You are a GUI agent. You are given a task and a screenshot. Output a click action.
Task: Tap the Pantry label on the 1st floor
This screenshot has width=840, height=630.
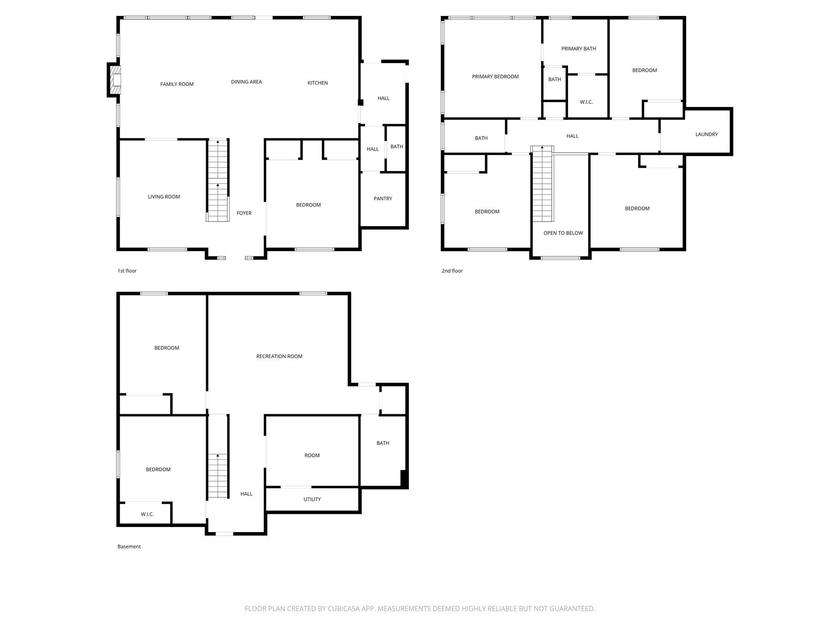coord(383,199)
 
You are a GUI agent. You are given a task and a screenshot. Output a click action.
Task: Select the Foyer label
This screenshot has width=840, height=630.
coord(244,213)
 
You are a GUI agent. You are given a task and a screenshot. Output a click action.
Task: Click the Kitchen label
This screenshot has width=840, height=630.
coord(317,83)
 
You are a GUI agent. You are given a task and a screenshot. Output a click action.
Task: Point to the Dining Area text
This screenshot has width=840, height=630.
coord(246,82)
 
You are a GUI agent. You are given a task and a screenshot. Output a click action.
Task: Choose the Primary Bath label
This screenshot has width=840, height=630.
coord(578,48)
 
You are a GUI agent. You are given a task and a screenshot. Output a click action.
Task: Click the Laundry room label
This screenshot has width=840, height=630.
coord(706,134)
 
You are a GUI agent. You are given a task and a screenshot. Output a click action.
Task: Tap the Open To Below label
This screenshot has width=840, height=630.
coord(563,233)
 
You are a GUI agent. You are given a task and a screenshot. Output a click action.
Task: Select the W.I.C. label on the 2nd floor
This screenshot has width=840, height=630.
coord(586,102)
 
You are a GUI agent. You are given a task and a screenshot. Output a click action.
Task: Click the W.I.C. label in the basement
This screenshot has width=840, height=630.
coord(147,514)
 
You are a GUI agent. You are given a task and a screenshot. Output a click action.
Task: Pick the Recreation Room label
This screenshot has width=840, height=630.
coord(279,356)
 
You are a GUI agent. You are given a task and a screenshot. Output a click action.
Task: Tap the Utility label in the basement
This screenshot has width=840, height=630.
coord(312,499)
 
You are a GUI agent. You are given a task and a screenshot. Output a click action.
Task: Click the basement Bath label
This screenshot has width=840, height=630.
coord(383,443)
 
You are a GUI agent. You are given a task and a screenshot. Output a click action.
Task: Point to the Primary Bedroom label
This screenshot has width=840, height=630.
coord(495,76)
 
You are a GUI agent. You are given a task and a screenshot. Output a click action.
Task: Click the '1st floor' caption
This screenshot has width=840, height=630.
coord(127,271)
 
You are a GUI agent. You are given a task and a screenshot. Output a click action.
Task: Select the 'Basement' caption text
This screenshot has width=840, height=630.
coord(129,546)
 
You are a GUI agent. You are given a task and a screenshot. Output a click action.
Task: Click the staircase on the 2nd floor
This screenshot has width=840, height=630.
coord(542,185)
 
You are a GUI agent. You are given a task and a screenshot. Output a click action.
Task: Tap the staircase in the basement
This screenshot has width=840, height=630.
coord(217,476)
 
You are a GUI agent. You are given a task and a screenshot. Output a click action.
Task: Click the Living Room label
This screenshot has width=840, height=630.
coord(164,196)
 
